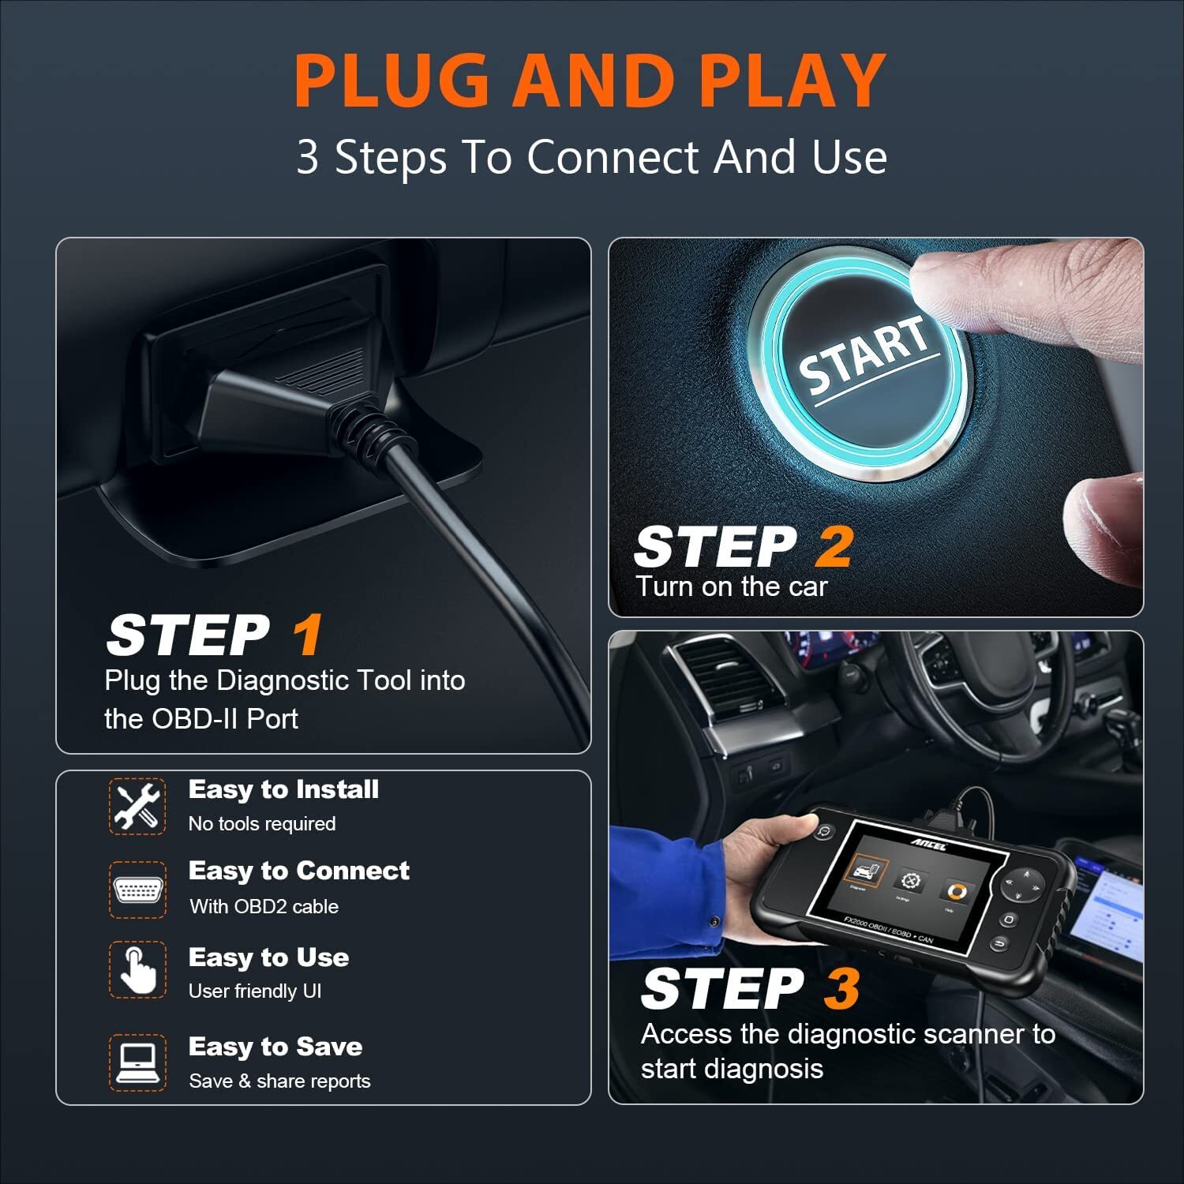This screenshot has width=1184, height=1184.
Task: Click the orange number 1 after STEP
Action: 307,635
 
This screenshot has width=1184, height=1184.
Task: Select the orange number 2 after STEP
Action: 834,547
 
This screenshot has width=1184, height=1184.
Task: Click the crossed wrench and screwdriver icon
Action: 137,806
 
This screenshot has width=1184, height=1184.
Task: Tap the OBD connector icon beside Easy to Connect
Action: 137,890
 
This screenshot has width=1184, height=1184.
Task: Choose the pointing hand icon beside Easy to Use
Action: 137,970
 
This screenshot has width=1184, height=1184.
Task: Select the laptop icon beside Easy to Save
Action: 137,1062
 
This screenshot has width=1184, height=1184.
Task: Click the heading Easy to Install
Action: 283,789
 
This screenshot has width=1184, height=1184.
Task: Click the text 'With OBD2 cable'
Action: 264,906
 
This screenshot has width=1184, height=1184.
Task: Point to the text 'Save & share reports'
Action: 279,1081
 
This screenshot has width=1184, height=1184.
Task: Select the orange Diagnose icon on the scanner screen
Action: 865,871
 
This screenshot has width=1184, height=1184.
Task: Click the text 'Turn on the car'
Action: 731,586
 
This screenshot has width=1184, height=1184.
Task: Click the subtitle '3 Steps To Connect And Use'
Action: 591,156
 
